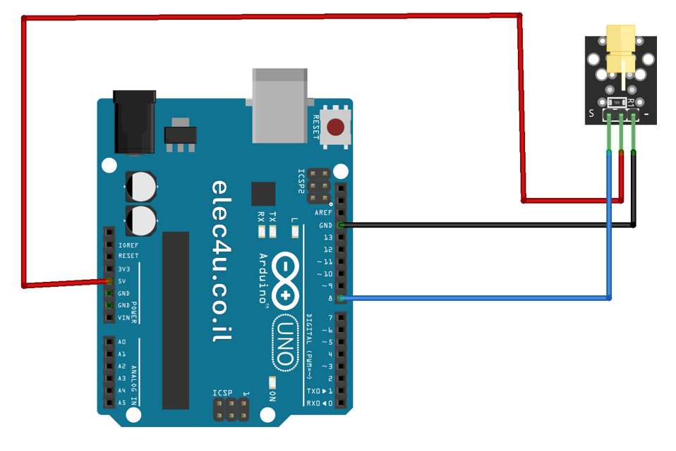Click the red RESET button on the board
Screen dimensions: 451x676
(336, 127)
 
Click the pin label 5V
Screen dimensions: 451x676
(122, 280)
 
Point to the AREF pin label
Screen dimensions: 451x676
(324, 213)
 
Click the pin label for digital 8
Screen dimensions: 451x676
(329, 298)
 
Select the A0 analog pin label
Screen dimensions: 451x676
(122, 342)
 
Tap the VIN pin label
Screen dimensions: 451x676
(124, 318)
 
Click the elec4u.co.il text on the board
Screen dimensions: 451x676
(220, 261)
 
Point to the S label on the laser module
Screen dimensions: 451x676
(591, 113)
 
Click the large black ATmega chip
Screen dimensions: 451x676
(176, 320)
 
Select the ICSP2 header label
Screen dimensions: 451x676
(302, 182)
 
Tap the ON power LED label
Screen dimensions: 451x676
(271, 395)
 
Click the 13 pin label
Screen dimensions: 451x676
(327, 237)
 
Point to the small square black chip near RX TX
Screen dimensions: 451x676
(263, 194)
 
